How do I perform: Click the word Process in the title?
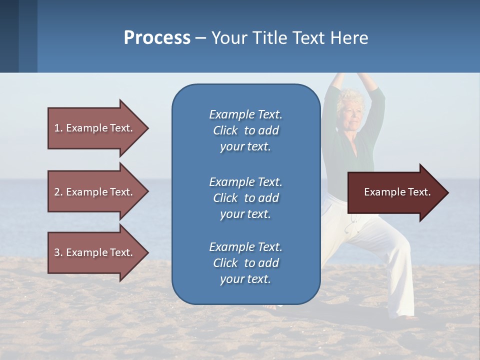click(157, 38)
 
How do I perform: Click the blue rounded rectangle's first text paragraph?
click(245, 130)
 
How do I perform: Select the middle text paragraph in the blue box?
click(245, 198)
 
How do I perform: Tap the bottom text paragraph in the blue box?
click(245, 263)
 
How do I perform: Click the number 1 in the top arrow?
click(57, 128)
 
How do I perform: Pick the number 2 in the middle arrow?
click(57, 192)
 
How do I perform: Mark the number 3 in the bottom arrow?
click(57, 252)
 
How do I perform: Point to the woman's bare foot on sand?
click(410, 316)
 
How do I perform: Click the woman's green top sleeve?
click(377, 107)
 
